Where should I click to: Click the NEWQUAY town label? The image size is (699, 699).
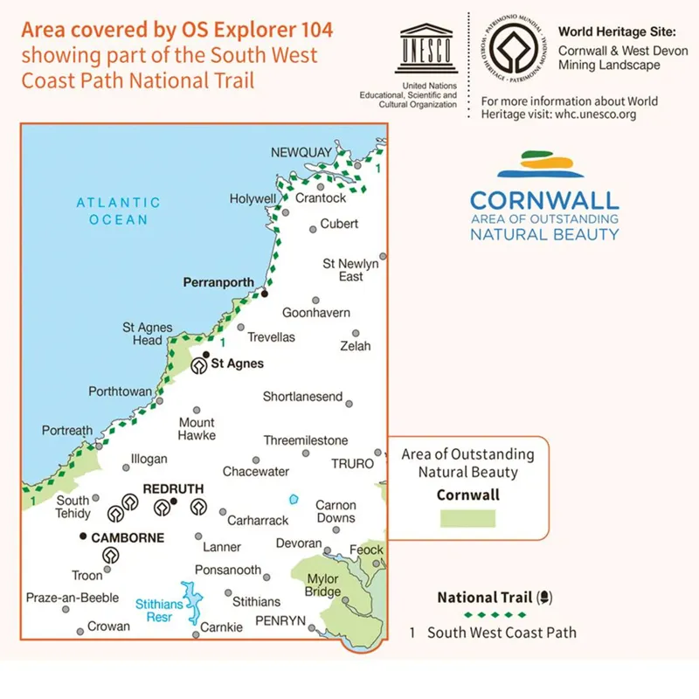(301, 153)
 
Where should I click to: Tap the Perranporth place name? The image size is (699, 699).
(218, 283)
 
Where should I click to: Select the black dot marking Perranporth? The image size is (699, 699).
(264, 294)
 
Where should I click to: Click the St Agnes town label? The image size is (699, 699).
(239, 363)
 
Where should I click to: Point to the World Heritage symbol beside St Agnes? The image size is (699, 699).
(199, 367)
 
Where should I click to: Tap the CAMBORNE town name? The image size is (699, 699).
(128, 537)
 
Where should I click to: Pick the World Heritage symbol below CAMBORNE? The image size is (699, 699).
(111, 555)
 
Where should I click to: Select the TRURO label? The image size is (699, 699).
(352, 463)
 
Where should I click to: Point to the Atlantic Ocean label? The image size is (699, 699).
(118, 211)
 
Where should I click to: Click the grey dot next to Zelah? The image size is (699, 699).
(356, 333)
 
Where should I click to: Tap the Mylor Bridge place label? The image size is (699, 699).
(324, 585)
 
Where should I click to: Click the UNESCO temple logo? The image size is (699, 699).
(426, 49)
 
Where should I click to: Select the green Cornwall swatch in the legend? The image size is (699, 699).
(467, 518)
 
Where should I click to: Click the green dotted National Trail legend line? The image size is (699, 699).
(484, 615)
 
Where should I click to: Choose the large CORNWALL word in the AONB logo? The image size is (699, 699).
(544, 201)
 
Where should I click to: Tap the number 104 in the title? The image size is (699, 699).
(315, 30)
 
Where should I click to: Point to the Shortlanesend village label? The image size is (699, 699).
(302, 397)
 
